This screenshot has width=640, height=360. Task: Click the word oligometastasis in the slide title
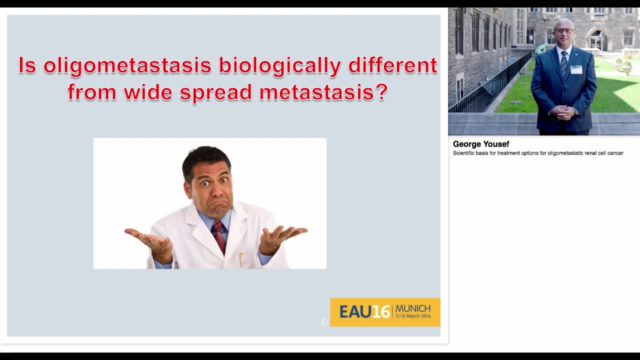click(127, 66)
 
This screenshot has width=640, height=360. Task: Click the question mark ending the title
click(382, 92)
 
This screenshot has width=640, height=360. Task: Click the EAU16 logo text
click(364, 312)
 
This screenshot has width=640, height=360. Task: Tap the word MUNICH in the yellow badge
click(412, 308)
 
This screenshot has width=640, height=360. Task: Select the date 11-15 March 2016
click(412, 316)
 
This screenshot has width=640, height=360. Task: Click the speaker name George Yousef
click(480, 144)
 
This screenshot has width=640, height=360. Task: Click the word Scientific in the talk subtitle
click(464, 153)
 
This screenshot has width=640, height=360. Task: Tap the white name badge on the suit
click(576, 69)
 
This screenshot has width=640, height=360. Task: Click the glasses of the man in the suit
click(563, 31)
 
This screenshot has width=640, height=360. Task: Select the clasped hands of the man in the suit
click(563, 112)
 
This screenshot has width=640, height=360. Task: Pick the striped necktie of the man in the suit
click(564, 63)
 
